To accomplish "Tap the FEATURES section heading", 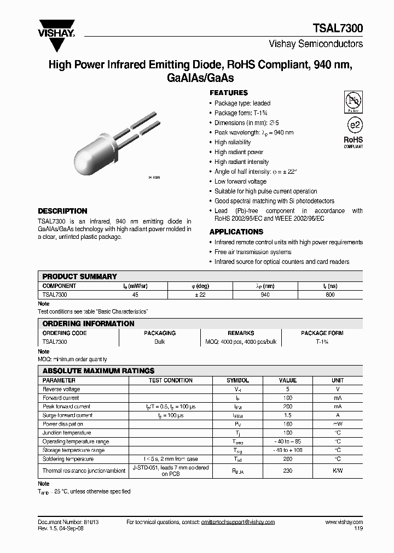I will tap(228, 93).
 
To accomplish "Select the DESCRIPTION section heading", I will tap(62, 211).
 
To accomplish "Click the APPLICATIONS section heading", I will tap(236, 232).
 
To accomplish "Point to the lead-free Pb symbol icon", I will tap(352, 101).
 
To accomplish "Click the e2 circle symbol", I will tap(353, 125).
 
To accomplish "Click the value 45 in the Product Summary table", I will tap(135, 295).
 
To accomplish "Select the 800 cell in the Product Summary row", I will tap(329, 295).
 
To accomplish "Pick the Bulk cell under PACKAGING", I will tap(159, 342).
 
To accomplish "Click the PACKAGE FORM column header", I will tap(322, 333).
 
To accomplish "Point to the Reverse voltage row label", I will tap(61, 389).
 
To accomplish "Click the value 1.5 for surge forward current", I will tap(287, 415).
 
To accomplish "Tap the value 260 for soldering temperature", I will tap(287, 459).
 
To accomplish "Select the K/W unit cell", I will tap(338, 470).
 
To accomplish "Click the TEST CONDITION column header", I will tap(171, 380).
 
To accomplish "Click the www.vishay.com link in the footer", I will tap(344, 522).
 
